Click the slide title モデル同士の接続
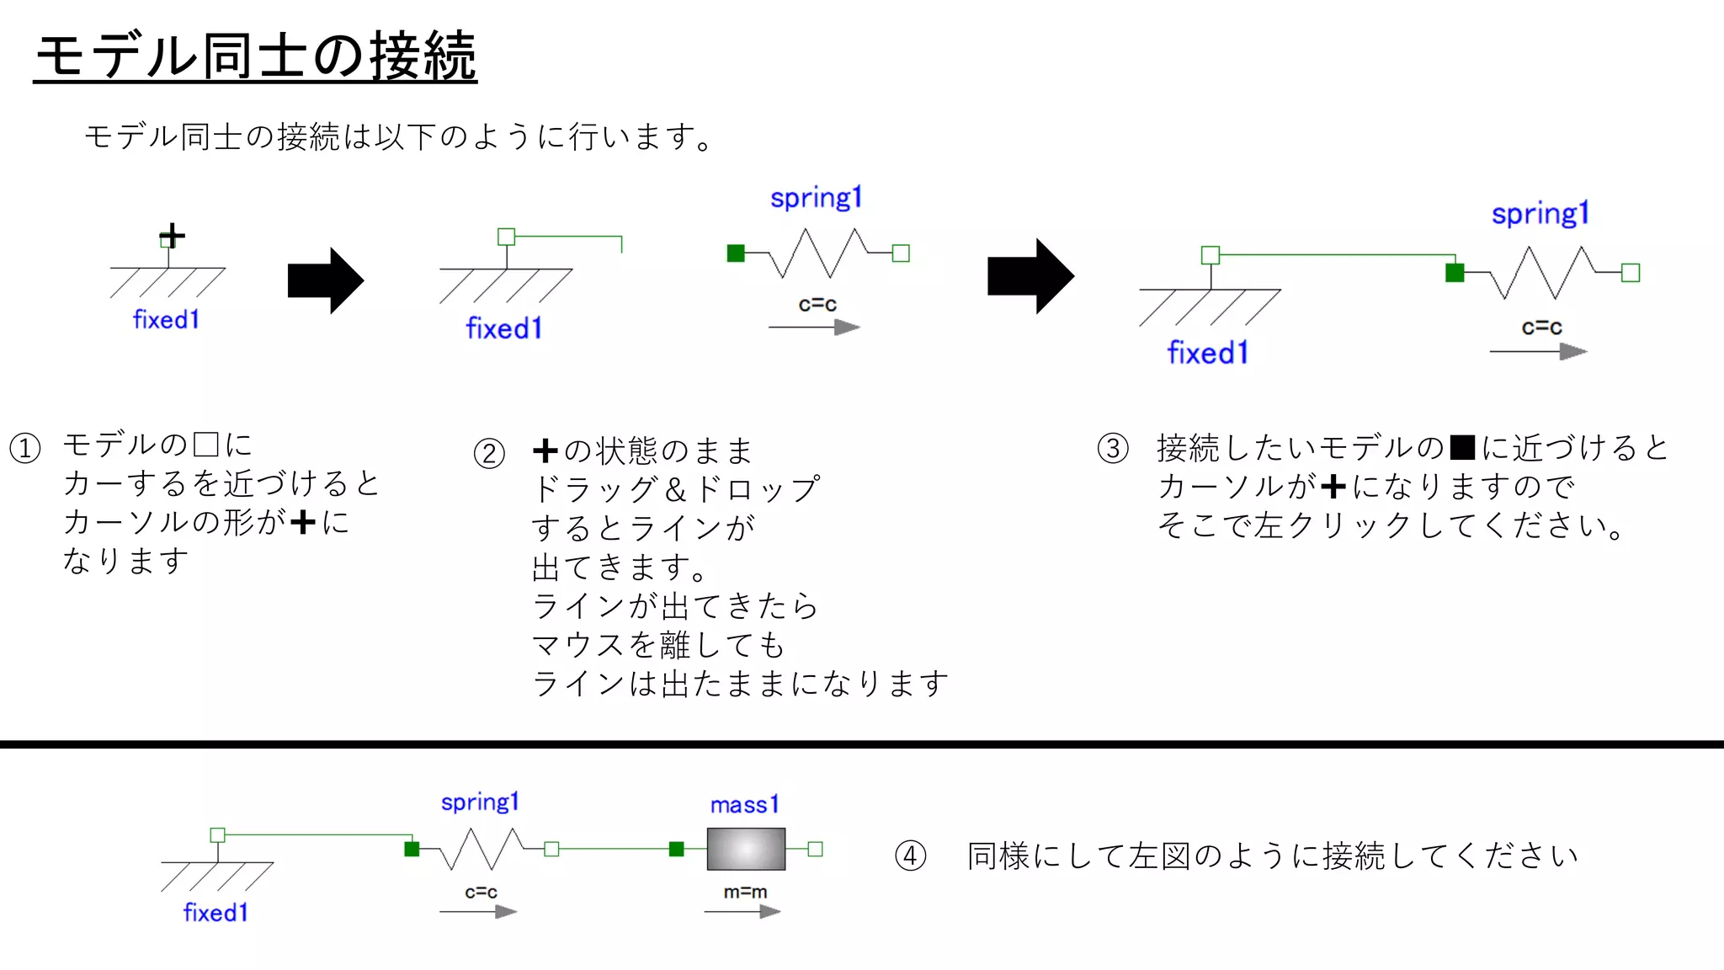pyautogui.click(x=256, y=57)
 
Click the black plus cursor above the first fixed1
pyautogui.click(x=173, y=236)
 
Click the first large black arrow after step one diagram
pyautogui.click(x=325, y=280)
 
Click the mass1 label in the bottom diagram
pyautogui.click(x=744, y=805)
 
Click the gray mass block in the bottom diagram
pyautogui.click(x=746, y=849)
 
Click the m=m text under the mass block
pyautogui.click(x=745, y=892)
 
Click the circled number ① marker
pyautogui.click(x=25, y=448)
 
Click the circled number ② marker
pyautogui.click(x=489, y=454)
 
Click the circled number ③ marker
pyautogui.click(x=1113, y=448)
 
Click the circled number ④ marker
pyautogui.click(x=910, y=856)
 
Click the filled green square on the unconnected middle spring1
pyautogui.click(x=736, y=253)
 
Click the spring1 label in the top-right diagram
pyautogui.click(x=1540, y=214)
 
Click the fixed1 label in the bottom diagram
pyautogui.click(x=215, y=913)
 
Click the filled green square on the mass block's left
pyautogui.click(x=676, y=849)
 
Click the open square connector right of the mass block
pyautogui.click(x=815, y=849)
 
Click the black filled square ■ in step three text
pyautogui.click(x=1463, y=447)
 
